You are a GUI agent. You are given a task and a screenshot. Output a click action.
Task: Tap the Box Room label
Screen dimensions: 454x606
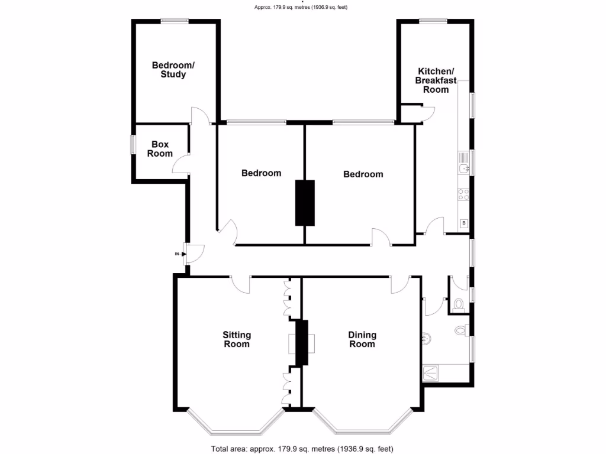160,149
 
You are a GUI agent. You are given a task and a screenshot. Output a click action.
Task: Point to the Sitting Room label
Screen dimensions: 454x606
236,339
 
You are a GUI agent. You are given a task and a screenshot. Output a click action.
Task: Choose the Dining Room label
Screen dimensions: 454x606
362,339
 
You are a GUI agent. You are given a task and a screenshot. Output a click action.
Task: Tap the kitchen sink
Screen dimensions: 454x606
465,169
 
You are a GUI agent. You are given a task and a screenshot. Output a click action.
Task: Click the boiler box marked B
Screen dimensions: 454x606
464,223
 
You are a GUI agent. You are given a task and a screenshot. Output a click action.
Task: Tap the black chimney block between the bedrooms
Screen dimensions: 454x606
305,203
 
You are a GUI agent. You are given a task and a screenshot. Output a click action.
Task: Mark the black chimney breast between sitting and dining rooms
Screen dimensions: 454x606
302,342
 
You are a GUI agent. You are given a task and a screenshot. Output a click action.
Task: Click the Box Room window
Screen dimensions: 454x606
133,145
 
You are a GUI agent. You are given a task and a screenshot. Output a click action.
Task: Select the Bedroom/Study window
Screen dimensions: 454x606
175,21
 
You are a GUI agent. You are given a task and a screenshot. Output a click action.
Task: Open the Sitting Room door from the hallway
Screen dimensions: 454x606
240,284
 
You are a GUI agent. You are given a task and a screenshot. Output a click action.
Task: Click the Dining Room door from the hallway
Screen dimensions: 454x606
399,284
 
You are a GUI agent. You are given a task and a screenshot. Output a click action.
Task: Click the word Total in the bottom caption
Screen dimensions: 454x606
222,448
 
